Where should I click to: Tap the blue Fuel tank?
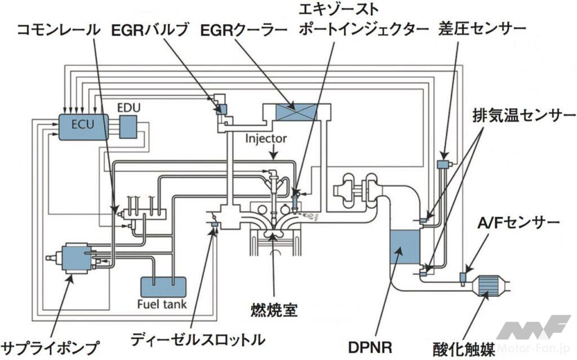pyautogui.click(x=162, y=288)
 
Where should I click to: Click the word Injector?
pyautogui.click(x=267, y=137)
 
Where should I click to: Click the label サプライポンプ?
pyautogui.click(x=51, y=345)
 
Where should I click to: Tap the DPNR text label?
pyautogui.click(x=370, y=344)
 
